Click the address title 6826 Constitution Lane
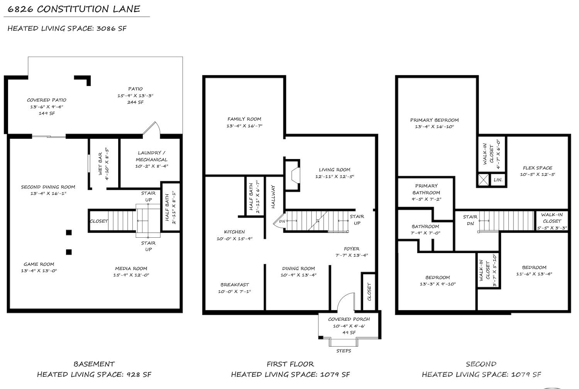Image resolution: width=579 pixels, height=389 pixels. click(x=74, y=9)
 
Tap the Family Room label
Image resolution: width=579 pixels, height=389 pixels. click(x=244, y=119)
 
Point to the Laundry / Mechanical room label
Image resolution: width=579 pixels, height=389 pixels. click(x=151, y=156)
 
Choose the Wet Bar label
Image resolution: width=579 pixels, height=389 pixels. click(x=100, y=164)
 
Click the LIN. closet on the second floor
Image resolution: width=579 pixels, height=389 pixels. click(x=498, y=180)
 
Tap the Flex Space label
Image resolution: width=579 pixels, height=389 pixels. click(x=537, y=168)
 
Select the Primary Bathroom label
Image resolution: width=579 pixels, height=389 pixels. click(x=426, y=189)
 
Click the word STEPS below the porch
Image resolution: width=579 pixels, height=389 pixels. click(x=344, y=351)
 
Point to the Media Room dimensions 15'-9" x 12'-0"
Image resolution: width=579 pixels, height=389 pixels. click(x=131, y=275)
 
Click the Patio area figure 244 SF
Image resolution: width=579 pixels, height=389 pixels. click(x=135, y=102)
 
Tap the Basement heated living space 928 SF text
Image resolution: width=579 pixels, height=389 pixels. click(x=94, y=374)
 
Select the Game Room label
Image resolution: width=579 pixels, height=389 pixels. click(x=39, y=264)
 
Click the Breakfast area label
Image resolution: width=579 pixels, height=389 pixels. click(x=235, y=285)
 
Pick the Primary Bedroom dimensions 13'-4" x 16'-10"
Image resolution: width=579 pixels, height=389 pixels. click(x=434, y=127)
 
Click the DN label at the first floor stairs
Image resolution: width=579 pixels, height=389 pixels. click(x=282, y=221)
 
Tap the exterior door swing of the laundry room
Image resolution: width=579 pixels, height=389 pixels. click(x=152, y=129)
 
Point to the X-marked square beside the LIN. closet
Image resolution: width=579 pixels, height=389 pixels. click(x=483, y=180)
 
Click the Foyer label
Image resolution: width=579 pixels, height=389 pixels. click(x=352, y=249)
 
